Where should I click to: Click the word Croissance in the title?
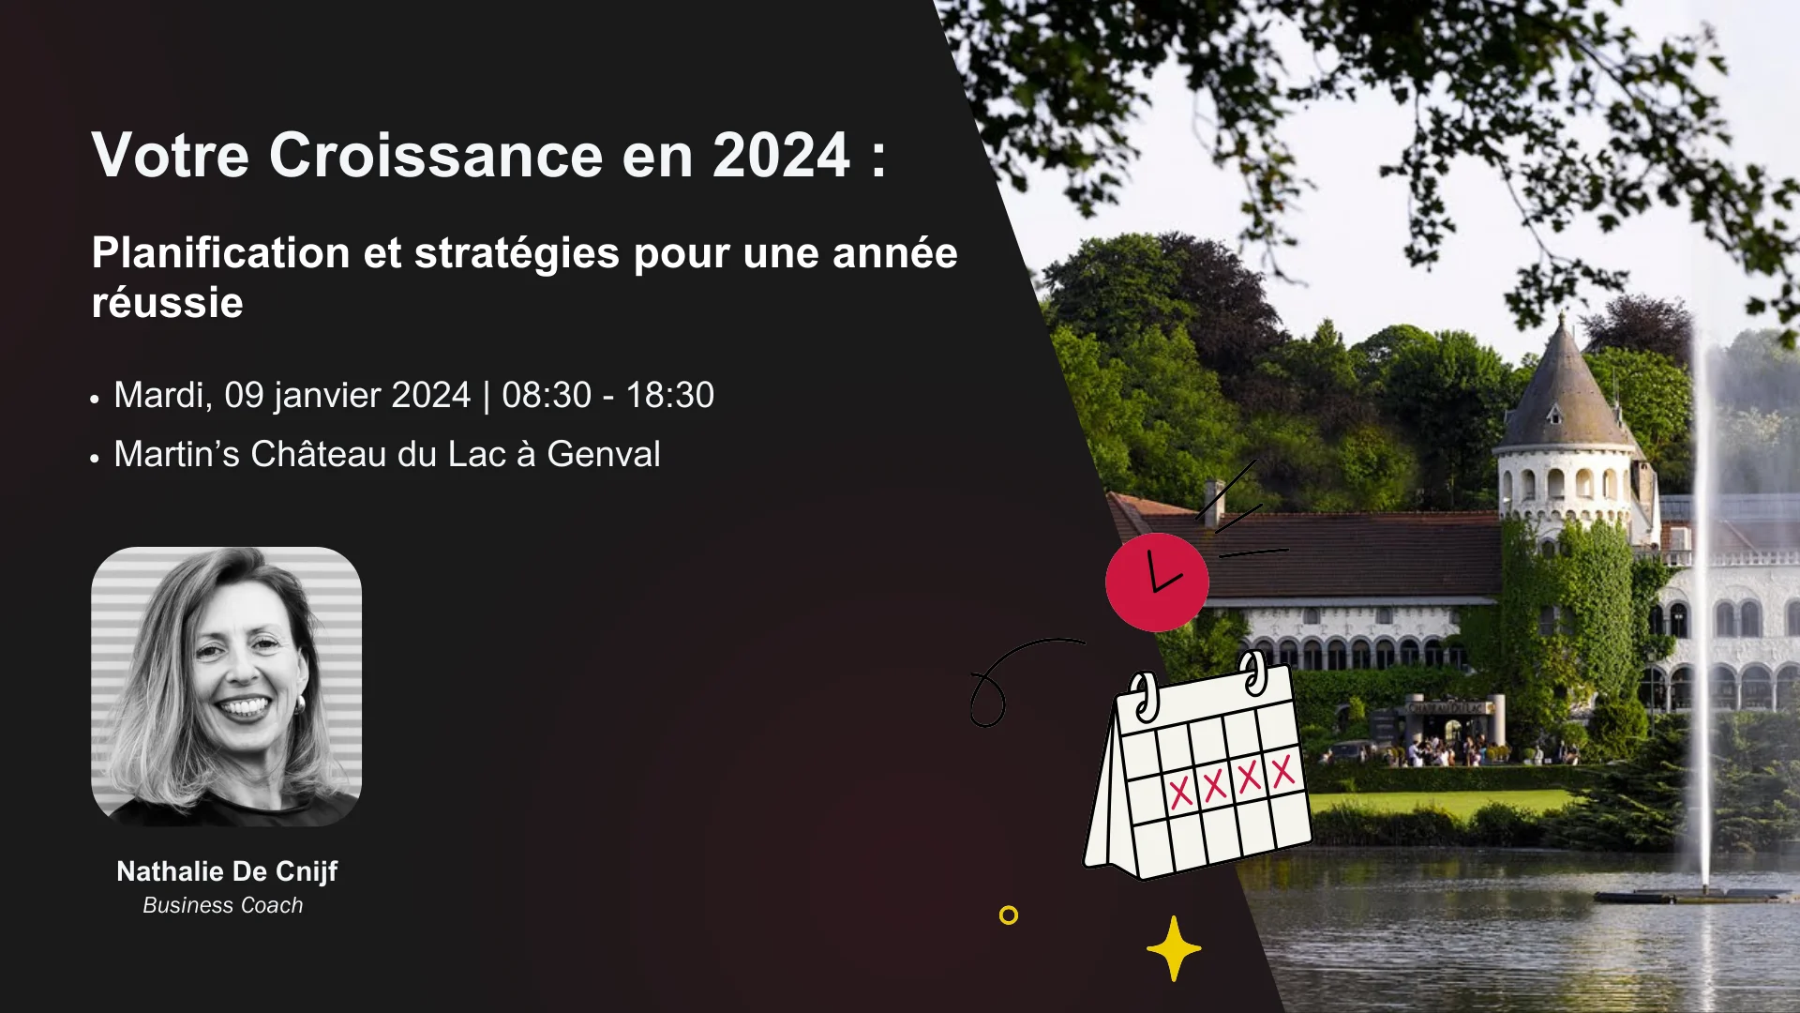[x=436, y=155]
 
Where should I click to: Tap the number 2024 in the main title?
[x=781, y=155]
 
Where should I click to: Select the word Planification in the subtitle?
[x=221, y=254]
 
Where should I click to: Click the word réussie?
[x=168, y=303]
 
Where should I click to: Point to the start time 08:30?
[x=547, y=395]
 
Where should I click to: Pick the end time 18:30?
[x=670, y=395]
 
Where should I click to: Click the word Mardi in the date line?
[x=162, y=396]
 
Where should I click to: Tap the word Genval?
[x=604, y=454]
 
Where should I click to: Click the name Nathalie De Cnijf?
[x=227, y=871]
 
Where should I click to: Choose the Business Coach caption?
[x=223, y=905]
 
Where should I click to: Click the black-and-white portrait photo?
[x=226, y=687]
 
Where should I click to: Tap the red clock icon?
[x=1157, y=582]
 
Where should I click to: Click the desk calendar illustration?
[x=1198, y=767]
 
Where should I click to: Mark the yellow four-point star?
[x=1174, y=948]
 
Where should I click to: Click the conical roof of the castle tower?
[x=1565, y=385]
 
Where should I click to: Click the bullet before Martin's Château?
[x=95, y=458]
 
